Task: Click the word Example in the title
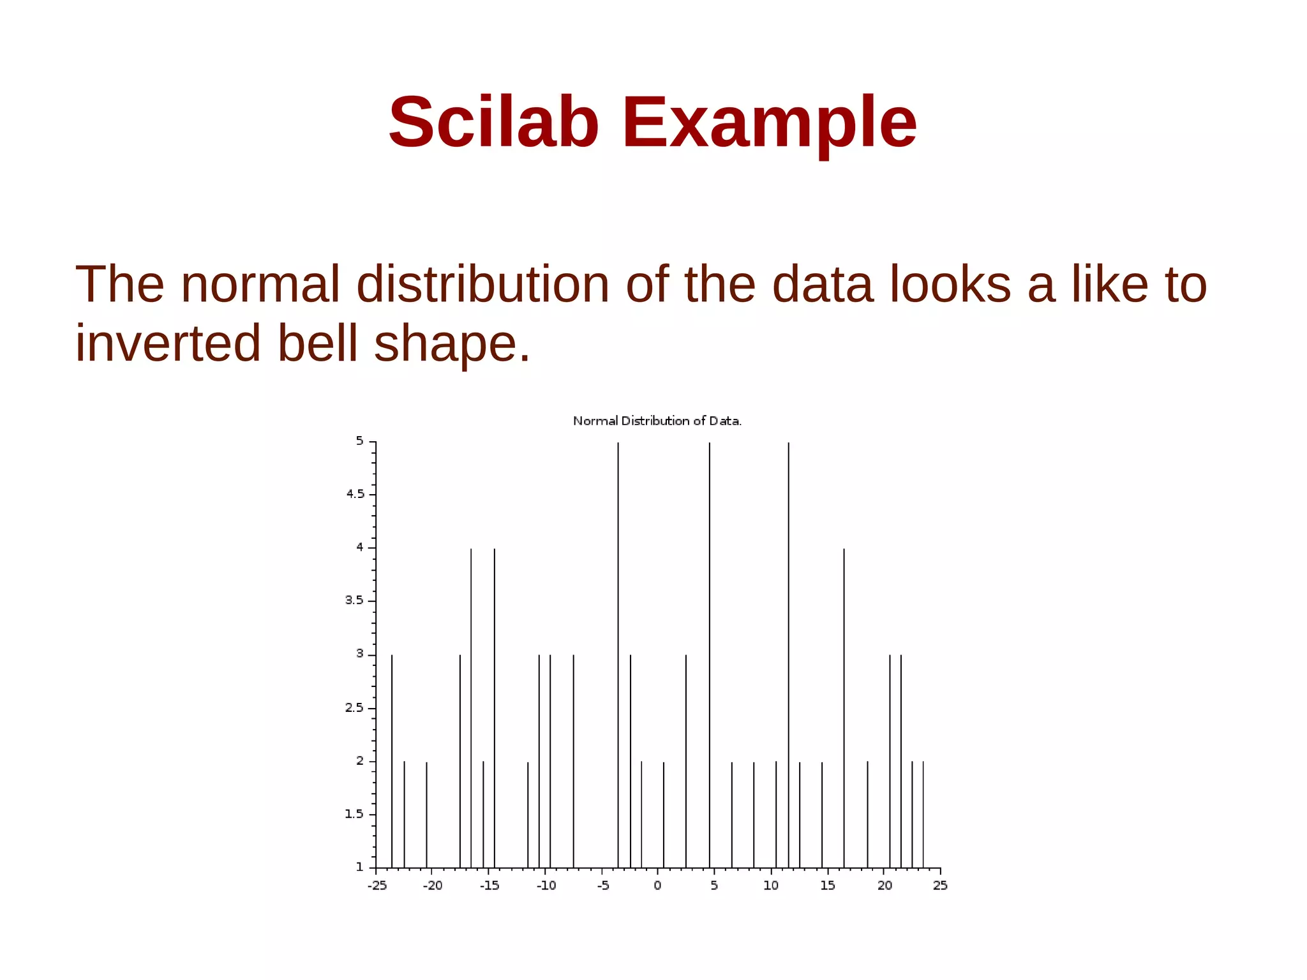click(x=769, y=123)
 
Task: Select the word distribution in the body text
click(x=482, y=284)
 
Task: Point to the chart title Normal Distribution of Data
click(x=657, y=421)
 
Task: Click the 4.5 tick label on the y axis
click(x=355, y=494)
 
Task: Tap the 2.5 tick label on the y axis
click(x=355, y=708)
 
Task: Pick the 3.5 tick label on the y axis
click(x=355, y=601)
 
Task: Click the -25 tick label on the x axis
click(x=377, y=886)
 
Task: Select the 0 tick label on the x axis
click(x=657, y=886)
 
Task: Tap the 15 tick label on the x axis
click(x=827, y=886)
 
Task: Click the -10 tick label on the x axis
click(x=546, y=886)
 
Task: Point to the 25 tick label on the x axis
click(x=940, y=886)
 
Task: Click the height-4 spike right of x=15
click(x=844, y=702)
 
